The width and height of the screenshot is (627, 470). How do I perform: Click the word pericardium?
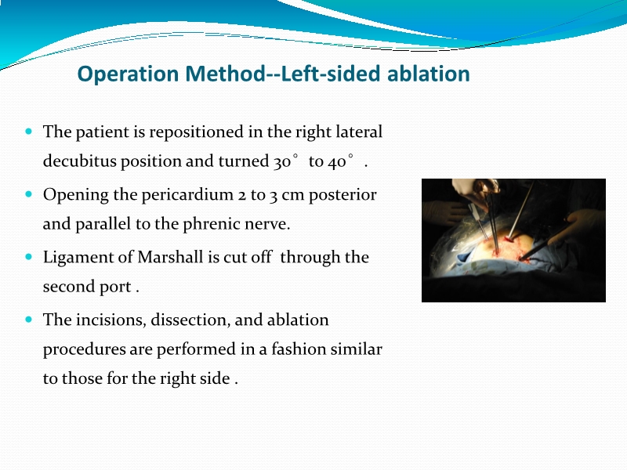(x=192, y=194)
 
